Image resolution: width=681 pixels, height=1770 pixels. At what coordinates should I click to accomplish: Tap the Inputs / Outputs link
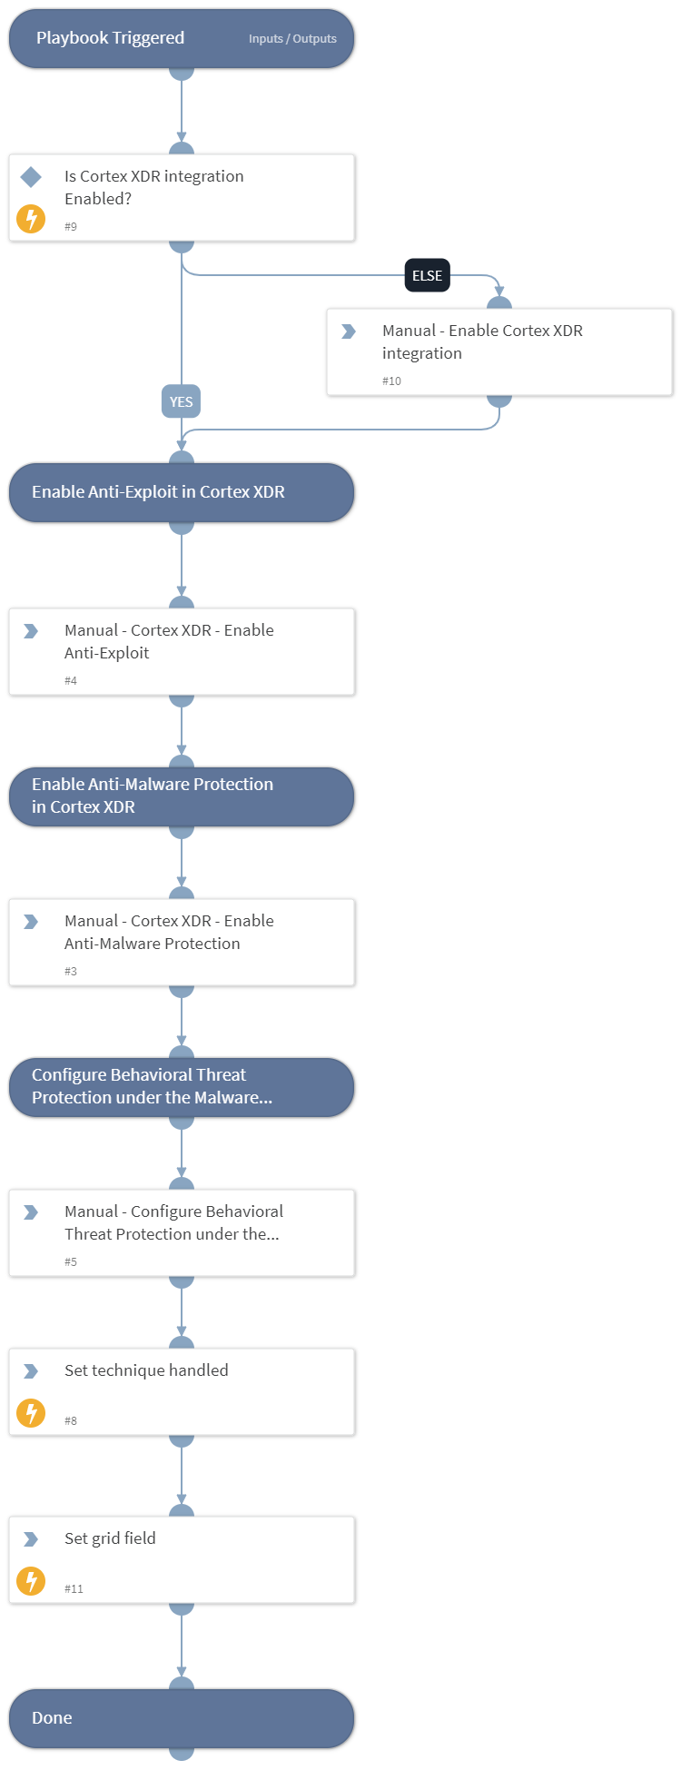[292, 39]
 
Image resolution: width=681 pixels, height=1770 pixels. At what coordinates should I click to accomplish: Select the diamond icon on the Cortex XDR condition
[31, 177]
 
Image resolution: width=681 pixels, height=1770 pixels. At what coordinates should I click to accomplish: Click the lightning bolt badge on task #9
[31, 219]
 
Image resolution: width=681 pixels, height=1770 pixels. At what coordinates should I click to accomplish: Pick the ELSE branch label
[427, 275]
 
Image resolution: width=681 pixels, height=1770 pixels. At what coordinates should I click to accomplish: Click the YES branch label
[181, 401]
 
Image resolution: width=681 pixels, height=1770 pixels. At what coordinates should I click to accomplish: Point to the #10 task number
[391, 381]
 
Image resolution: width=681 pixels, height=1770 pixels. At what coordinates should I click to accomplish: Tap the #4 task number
[71, 681]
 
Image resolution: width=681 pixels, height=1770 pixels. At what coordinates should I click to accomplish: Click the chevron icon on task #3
[31, 922]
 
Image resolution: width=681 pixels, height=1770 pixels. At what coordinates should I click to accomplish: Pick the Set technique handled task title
[146, 1370]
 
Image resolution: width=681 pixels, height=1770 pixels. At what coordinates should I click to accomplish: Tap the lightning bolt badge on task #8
[31, 1413]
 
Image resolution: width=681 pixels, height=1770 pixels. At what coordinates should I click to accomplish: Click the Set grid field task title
[110, 1538]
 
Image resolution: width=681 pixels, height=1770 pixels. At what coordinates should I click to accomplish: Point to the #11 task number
[74, 1589]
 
